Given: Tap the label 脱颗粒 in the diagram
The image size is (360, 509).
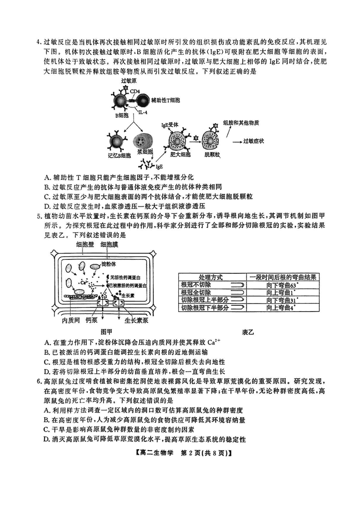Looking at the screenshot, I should [x=211, y=155].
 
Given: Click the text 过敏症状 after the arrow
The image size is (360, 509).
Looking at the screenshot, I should [x=253, y=141].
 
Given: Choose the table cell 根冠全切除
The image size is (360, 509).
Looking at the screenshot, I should [x=196, y=293].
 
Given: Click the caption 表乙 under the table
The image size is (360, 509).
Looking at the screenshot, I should [x=248, y=332].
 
